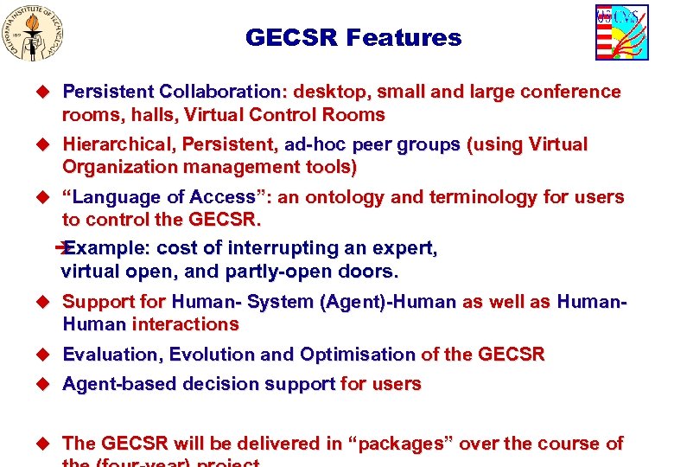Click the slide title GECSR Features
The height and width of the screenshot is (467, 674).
coord(353,38)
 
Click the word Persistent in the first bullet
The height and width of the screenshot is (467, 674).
coord(107,92)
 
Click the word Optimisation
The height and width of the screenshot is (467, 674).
coord(357,355)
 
